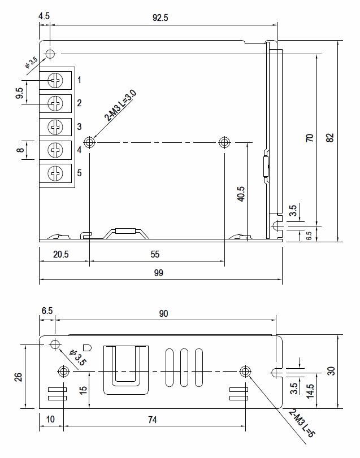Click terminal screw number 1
click(55, 80)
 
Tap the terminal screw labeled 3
click(55, 127)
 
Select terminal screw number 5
click(55, 173)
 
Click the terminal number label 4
click(79, 150)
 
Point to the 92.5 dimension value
click(161, 18)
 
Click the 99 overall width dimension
click(159, 273)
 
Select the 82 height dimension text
click(330, 138)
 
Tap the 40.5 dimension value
click(241, 194)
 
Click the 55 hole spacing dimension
click(155, 254)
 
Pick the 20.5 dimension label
click(61, 254)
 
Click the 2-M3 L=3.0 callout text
click(120, 106)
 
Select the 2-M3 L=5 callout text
click(302, 423)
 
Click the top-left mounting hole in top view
click(50, 54)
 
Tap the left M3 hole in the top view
click(89, 142)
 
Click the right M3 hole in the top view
click(224, 142)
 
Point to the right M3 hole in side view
click(245, 372)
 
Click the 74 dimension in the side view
click(153, 420)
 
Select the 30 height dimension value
click(331, 371)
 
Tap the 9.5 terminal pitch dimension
click(20, 93)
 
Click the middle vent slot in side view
click(184, 368)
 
